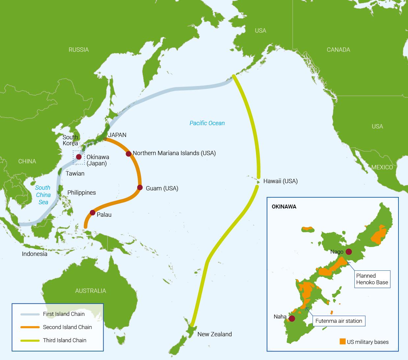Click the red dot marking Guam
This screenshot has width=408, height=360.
click(140, 188)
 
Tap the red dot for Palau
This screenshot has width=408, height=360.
click(92, 213)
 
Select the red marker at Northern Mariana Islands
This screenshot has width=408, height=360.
click(128, 154)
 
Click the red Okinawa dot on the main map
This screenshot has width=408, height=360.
click(79, 157)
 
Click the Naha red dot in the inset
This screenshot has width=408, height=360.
click(292, 318)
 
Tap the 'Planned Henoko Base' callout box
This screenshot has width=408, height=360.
click(372, 279)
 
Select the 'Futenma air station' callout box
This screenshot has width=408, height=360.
click(339, 321)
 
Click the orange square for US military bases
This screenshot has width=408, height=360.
click(343, 342)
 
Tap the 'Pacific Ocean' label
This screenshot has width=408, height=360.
click(207, 123)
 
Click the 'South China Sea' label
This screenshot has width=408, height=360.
click(43, 195)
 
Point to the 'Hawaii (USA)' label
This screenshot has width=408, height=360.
click(280, 181)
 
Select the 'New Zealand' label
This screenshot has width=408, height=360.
click(215, 334)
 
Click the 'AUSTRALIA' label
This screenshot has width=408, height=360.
click(90, 291)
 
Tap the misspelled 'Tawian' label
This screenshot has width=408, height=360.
click(75, 174)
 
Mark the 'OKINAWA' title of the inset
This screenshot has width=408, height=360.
click(284, 207)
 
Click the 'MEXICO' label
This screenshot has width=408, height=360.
click(382, 167)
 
